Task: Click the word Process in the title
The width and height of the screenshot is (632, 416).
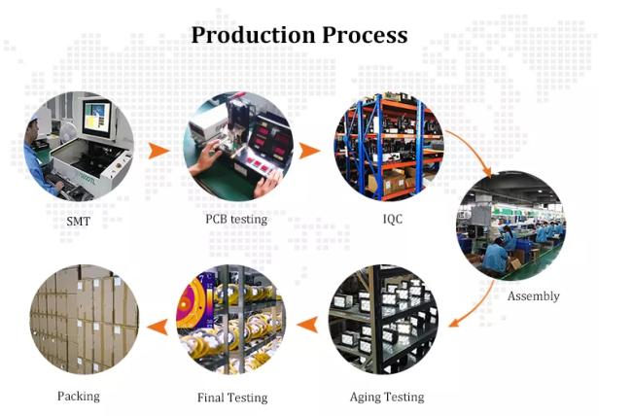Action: coord(363,35)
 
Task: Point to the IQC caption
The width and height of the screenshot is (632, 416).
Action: coord(392,219)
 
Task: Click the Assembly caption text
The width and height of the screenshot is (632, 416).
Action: coord(533,295)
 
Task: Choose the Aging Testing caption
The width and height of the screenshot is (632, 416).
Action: coord(387,397)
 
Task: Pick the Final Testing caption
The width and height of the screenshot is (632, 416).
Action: coord(233,398)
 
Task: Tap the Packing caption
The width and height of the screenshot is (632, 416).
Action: coord(78,396)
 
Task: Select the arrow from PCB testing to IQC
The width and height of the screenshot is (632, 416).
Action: coord(309,151)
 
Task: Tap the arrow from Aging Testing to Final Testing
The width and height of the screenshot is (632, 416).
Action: coord(309,322)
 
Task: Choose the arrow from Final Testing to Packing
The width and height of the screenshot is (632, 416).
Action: coord(156,324)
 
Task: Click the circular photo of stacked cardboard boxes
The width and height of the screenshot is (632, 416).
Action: coord(85,320)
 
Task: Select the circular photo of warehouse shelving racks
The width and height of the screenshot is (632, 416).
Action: coord(389,148)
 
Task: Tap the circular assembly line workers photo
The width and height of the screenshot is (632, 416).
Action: coord(510,225)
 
